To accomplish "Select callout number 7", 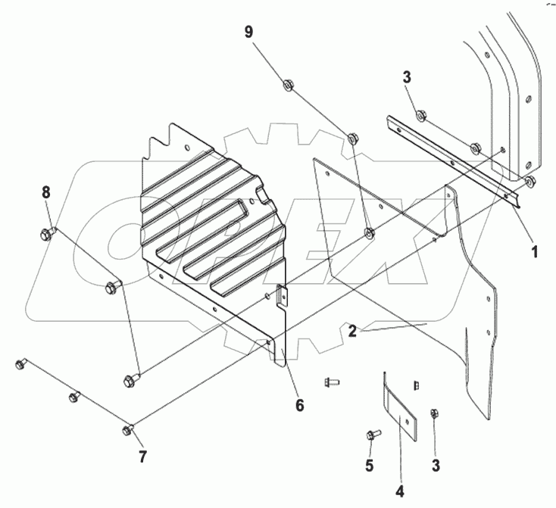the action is tap(142, 457).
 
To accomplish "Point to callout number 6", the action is tap(300, 406).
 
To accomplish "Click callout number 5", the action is tap(370, 466).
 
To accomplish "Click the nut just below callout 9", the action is tap(289, 85).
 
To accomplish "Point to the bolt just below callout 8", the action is tap(47, 232).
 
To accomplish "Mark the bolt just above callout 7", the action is tap(127, 431).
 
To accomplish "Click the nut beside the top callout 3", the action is tap(421, 116).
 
